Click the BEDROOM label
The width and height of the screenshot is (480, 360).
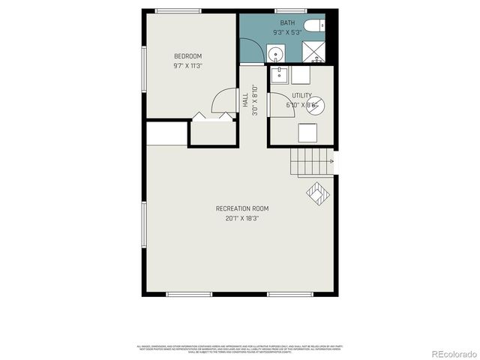(x=187, y=56)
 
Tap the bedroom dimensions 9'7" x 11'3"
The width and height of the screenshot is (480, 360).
(x=187, y=66)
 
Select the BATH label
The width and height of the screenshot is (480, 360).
(x=286, y=23)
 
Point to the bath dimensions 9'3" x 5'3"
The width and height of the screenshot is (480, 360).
(x=286, y=32)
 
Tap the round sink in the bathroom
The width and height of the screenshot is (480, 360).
(x=276, y=54)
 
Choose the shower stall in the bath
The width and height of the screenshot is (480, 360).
(x=313, y=52)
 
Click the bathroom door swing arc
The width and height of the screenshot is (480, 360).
(x=255, y=51)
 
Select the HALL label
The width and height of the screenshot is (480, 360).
(x=245, y=100)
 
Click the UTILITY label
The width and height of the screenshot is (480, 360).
(x=301, y=95)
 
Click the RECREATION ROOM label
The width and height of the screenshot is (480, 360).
(x=241, y=208)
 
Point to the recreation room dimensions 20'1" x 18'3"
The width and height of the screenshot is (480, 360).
(x=241, y=219)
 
